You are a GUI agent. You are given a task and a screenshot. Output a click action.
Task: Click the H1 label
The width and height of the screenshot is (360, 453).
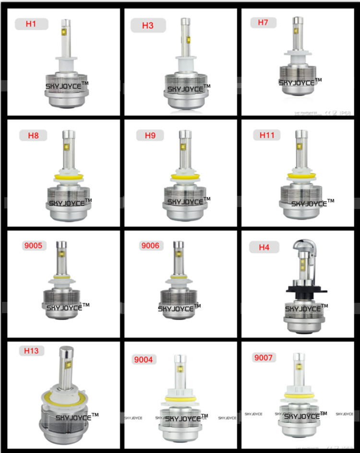31,24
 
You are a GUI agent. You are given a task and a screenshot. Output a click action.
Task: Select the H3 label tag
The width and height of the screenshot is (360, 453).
148,25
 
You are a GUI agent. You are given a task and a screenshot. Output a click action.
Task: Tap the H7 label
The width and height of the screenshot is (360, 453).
263,23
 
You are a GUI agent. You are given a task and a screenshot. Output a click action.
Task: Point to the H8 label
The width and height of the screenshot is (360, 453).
33,135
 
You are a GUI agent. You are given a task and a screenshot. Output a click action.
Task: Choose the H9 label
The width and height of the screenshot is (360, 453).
150,135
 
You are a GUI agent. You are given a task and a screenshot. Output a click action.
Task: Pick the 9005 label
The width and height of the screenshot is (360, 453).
33,246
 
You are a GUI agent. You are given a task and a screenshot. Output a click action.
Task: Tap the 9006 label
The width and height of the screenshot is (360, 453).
150,246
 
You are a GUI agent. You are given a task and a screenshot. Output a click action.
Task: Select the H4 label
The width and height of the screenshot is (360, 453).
264,247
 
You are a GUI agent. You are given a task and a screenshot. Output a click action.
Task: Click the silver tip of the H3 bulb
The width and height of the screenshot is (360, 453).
185,22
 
